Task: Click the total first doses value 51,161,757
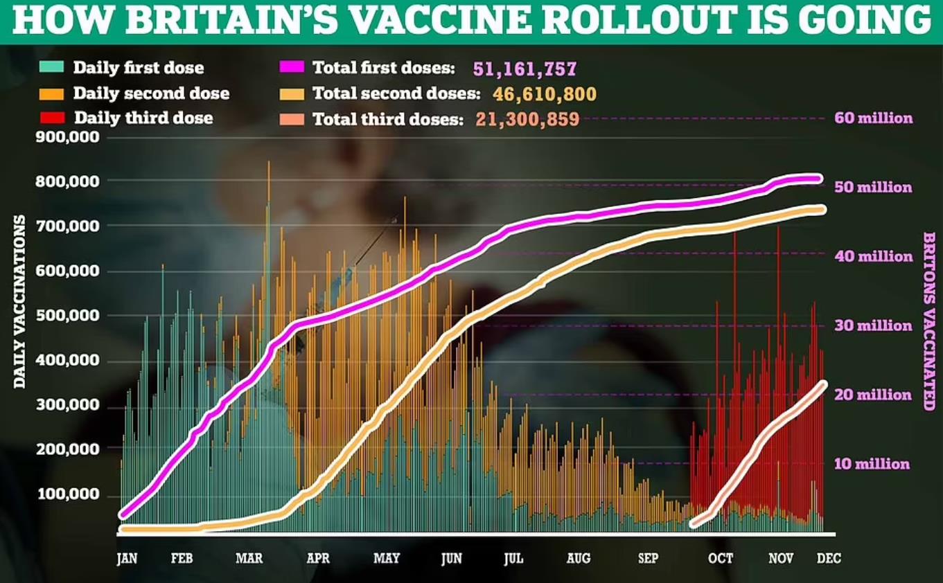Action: point(525,69)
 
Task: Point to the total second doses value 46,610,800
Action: point(545,93)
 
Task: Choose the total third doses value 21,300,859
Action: point(527,119)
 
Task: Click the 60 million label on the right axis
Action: point(873,118)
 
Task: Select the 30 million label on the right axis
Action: point(873,325)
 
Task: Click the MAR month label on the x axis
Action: point(249,558)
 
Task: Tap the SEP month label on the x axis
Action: point(649,558)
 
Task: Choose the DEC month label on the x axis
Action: point(829,558)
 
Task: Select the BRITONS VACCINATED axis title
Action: point(928,321)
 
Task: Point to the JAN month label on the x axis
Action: point(127,558)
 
